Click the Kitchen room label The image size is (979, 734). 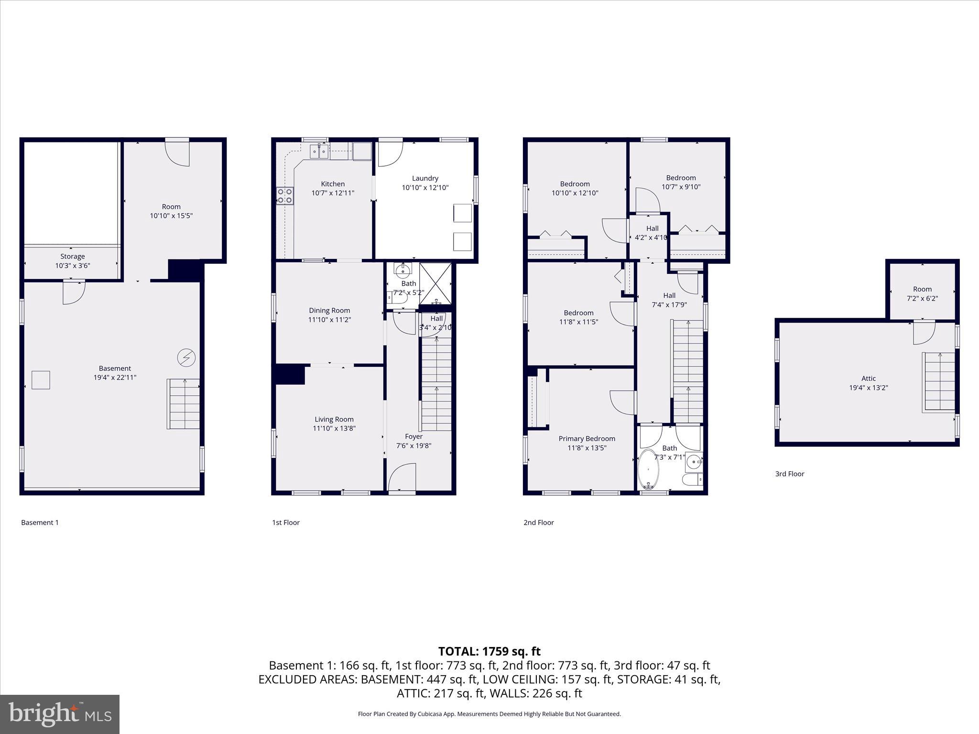pos(333,184)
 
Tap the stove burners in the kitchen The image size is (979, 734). pos(285,195)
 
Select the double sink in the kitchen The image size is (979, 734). pos(319,151)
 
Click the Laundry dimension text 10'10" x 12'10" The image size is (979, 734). pos(425,188)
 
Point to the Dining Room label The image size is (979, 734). pos(329,311)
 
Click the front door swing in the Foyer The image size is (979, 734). pos(402,477)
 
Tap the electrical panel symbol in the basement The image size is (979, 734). pos(186,357)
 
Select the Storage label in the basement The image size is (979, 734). pos(72,257)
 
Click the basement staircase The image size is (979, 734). pos(184,404)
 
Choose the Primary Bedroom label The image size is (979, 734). pos(587,439)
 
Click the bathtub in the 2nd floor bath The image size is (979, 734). pos(649,469)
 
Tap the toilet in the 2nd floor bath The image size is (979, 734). pos(692,479)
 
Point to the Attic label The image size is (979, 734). pos(869,378)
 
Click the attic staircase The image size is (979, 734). pos(939,382)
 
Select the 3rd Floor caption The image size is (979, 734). pos(790,474)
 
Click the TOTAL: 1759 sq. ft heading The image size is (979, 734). pos(489,651)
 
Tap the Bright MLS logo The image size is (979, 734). pos(60,714)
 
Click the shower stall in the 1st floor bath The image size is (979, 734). pos(435,283)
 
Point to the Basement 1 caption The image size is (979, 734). pos(40,523)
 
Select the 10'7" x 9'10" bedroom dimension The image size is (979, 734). pos(681,187)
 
